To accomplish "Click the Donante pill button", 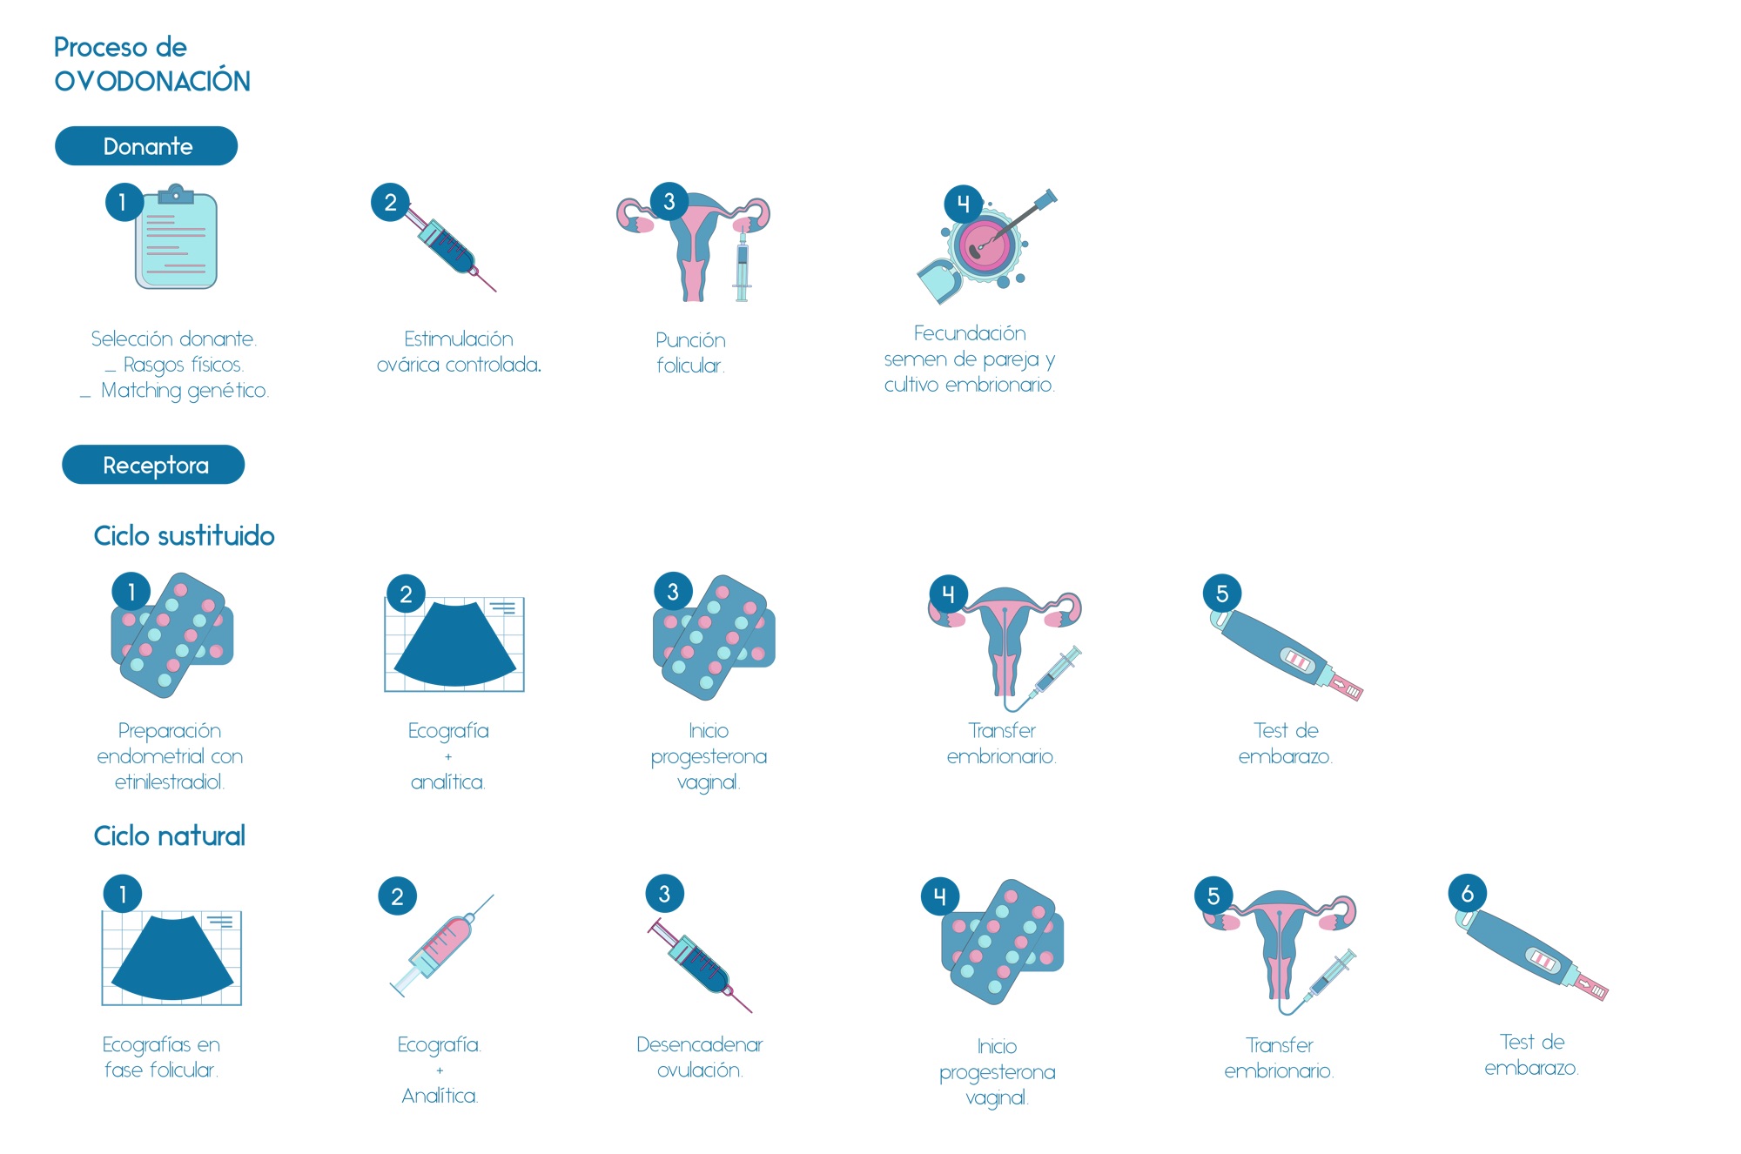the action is (146, 146).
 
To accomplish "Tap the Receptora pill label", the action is (153, 465).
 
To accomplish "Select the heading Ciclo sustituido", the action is (184, 535).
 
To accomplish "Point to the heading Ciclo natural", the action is (170, 835).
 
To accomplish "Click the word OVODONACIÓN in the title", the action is (152, 80).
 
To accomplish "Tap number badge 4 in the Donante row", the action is (963, 204).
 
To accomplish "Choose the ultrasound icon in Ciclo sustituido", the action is (454, 644).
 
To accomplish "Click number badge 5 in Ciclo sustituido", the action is (1222, 594).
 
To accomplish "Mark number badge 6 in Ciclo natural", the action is (1468, 893).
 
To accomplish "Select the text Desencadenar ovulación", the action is (700, 1057).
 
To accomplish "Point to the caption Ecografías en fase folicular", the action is (161, 1057).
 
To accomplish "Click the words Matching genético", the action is (185, 391).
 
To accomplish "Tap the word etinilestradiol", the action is (170, 782).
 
